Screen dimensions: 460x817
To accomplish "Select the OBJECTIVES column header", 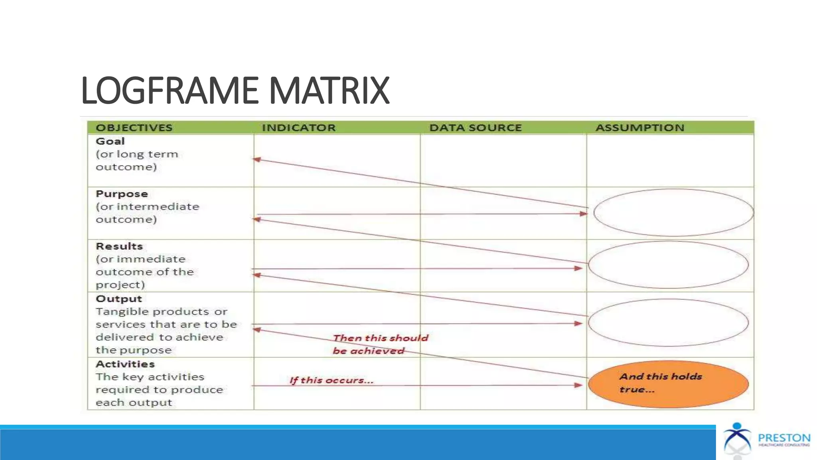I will pos(134,128).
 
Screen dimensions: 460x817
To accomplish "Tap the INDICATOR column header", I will pos(299,128).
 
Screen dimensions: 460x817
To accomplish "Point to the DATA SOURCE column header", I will pos(476,128).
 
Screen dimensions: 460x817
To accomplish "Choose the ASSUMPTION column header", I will pos(640,128).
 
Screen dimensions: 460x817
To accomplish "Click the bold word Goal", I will pos(110,141).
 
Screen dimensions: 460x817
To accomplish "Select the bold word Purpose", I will pos(122,194).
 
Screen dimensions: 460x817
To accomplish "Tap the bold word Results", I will pos(119,246).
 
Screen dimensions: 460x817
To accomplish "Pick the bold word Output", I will pos(119,299).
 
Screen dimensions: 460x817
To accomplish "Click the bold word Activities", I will pos(125,364).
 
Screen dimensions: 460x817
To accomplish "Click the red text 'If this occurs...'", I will pos(331,380).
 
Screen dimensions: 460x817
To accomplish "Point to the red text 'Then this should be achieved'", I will pos(380,344).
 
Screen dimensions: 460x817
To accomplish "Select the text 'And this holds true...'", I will pos(660,383).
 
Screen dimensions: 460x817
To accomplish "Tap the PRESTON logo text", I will pos(784,438).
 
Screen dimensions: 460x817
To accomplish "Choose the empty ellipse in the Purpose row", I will pos(673,212).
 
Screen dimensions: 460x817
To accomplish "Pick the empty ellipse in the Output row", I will pos(668,323).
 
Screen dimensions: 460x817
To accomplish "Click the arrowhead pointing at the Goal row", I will pos(257,160).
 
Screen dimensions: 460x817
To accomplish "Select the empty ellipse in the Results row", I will pos(668,265).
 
